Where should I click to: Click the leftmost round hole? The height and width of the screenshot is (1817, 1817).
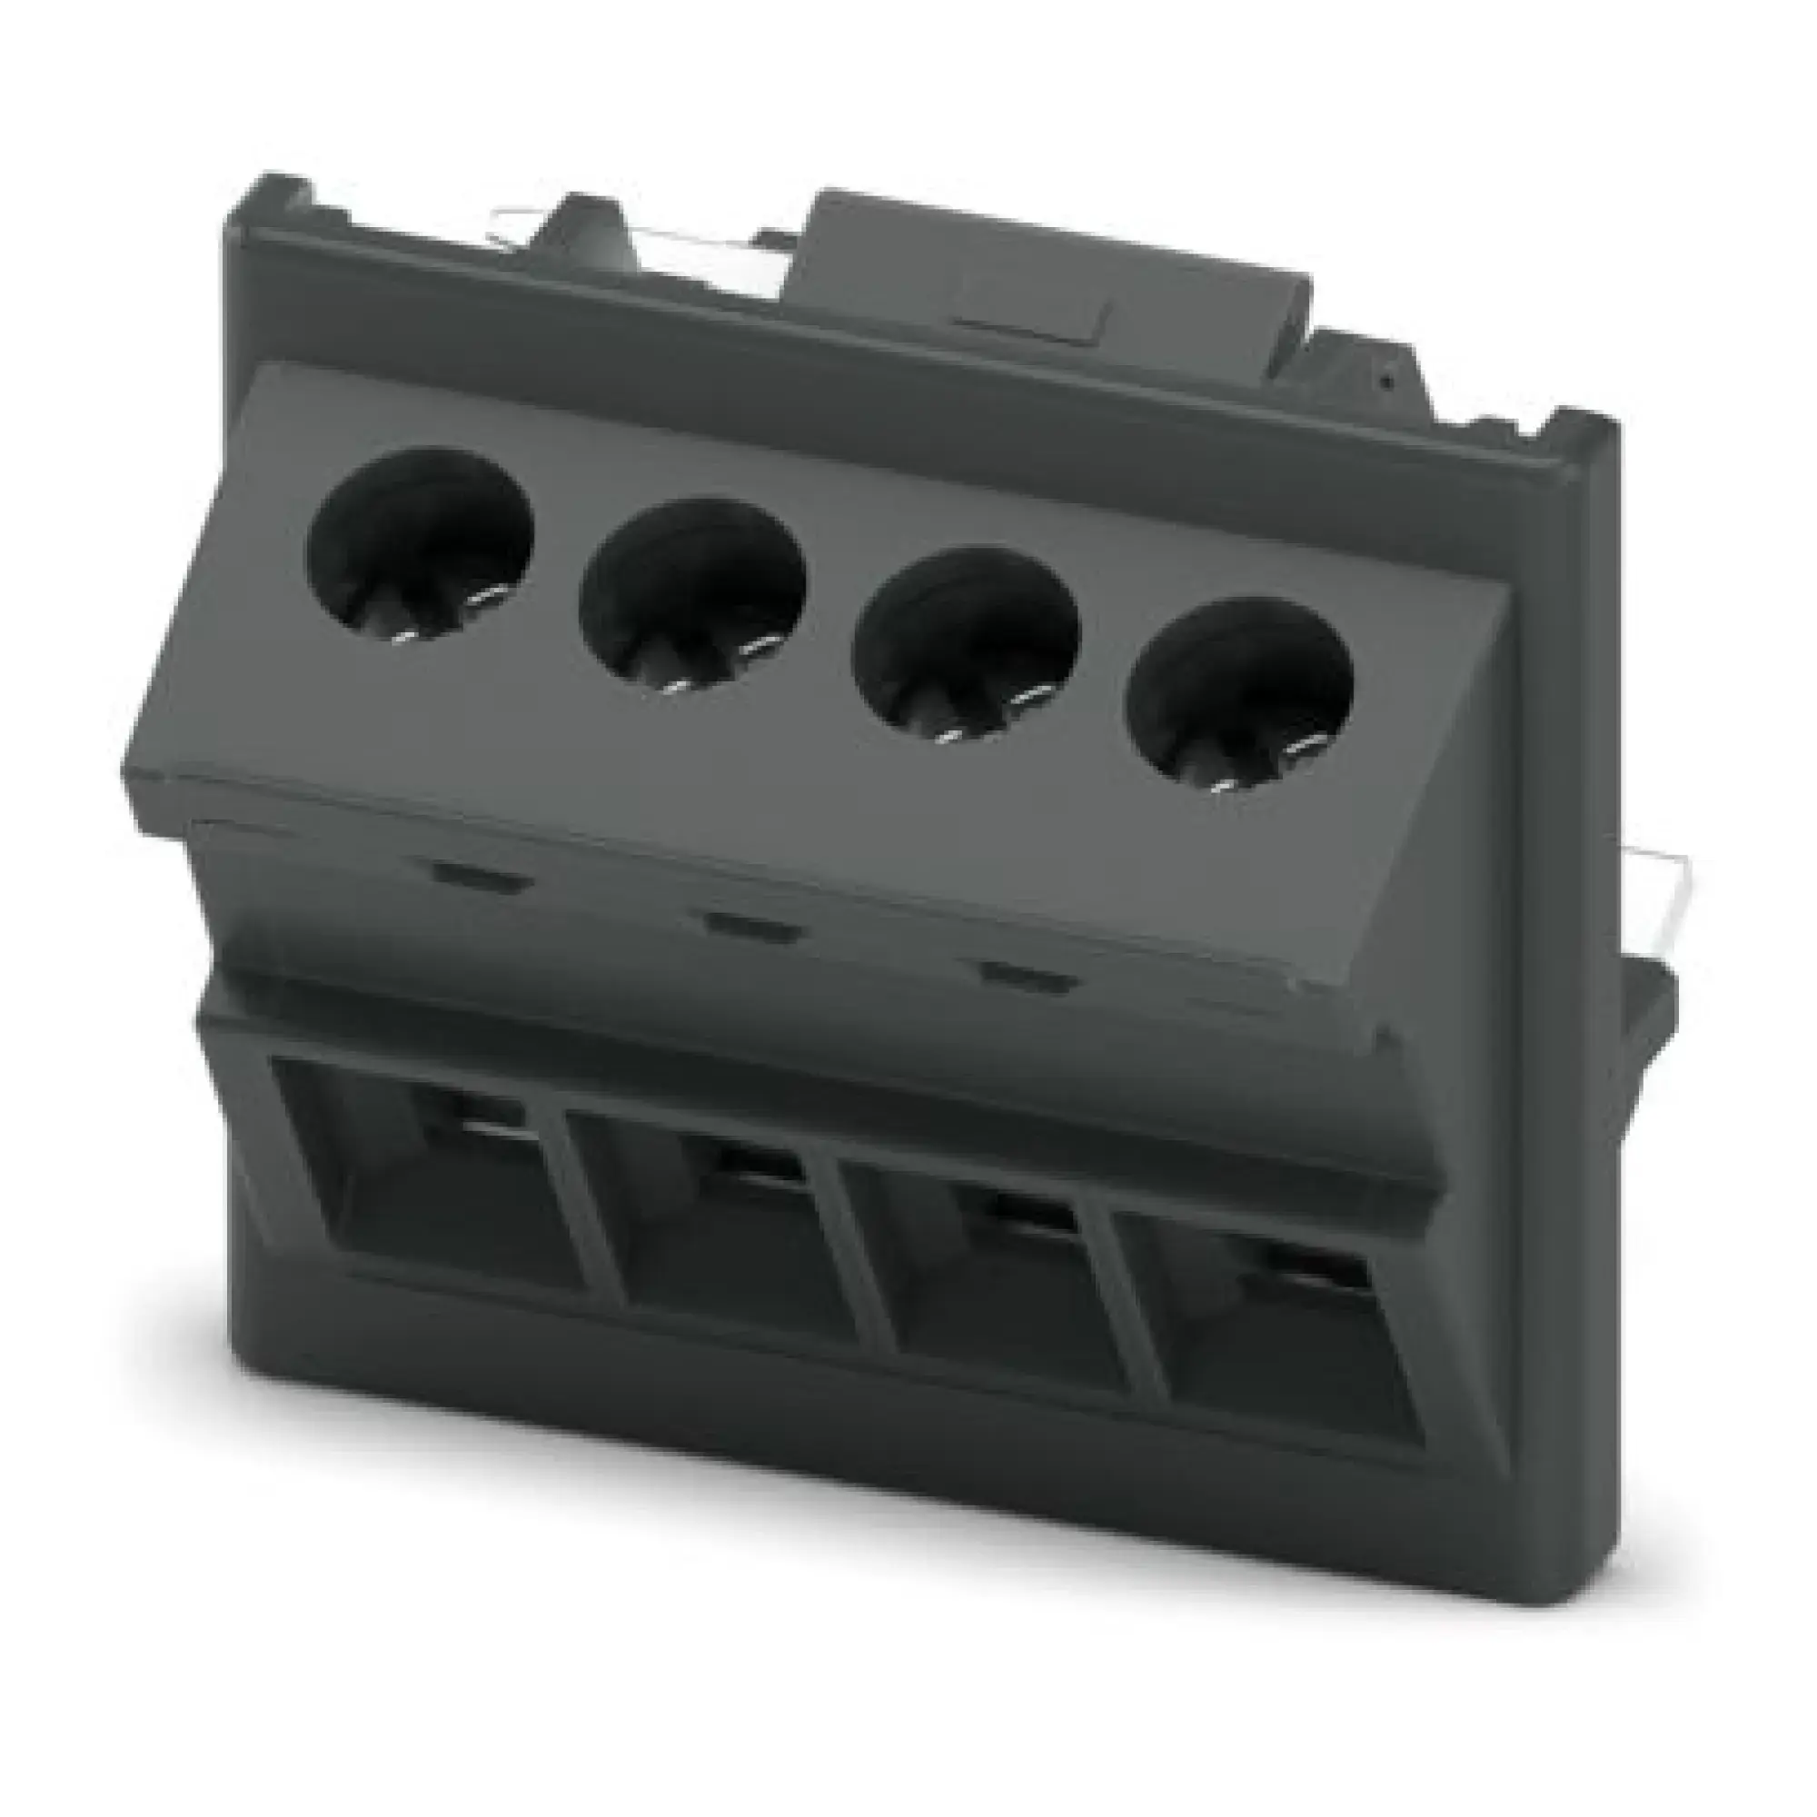(x=421, y=540)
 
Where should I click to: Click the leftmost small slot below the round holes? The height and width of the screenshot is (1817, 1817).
(x=481, y=881)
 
